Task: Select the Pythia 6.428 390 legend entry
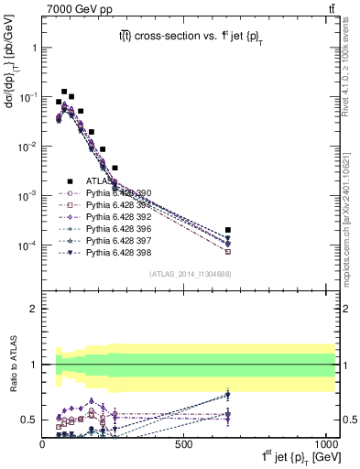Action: pos(114,193)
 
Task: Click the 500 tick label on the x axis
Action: pos(184,443)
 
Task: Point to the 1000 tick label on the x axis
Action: pos(323,443)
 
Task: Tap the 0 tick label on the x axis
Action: pos(43,443)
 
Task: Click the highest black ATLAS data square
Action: pos(64,92)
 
